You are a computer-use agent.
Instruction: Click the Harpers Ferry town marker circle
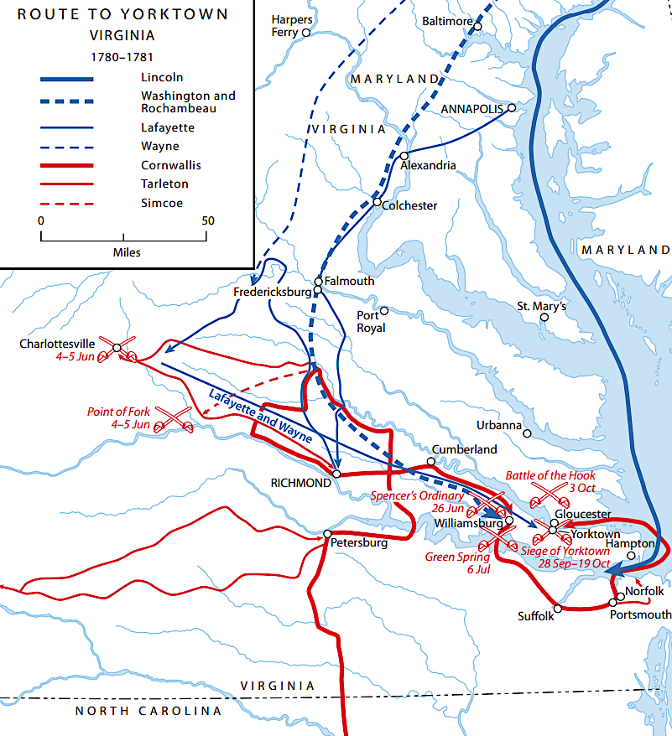pos(306,33)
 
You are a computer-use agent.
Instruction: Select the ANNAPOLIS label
pos(471,109)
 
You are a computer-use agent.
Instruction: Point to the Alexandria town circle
pos(404,156)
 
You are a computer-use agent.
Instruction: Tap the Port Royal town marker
pos(384,310)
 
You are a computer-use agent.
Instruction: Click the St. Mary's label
pos(542,307)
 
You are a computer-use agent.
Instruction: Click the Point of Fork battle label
pos(118,417)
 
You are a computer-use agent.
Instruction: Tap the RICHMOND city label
pos(300,483)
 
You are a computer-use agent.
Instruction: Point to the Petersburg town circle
pos(327,533)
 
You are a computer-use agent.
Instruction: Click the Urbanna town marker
pos(528,433)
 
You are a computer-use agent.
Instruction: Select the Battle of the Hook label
pos(550,475)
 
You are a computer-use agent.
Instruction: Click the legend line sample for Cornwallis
pos(66,164)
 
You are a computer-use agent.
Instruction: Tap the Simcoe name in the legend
pos(161,203)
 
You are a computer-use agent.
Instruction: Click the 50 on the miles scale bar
pos(208,221)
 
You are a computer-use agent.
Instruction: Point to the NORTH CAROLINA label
pos(148,711)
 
